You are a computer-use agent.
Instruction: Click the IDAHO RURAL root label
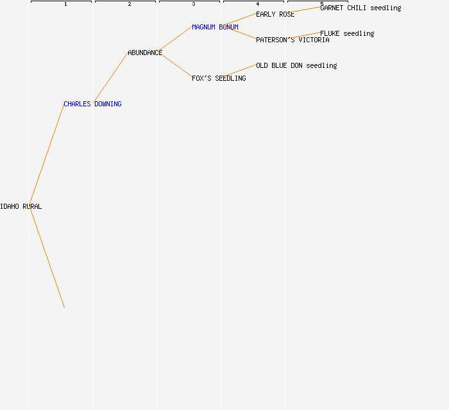[x=21, y=206]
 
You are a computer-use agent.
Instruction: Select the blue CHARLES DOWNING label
[x=92, y=104]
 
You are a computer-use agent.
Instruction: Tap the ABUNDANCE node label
[x=145, y=53]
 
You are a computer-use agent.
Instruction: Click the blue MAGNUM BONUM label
[x=215, y=27]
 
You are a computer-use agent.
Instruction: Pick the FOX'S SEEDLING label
[x=219, y=78]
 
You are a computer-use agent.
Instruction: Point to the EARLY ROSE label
[x=275, y=14]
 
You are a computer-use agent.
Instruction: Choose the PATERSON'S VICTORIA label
[x=292, y=40]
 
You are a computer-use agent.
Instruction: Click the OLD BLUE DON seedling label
[x=296, y=65]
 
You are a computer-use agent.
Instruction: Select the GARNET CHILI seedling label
[x=360, y=8]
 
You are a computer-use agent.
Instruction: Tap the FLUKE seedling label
[x=347, y=33]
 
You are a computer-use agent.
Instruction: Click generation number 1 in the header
[x=65, y=4]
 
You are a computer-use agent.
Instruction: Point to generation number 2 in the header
[x=130, y=4]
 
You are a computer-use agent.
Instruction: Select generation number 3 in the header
[x=194, y=4]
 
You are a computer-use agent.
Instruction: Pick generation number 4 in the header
[x=258, y=4]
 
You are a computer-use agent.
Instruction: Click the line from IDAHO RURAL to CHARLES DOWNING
[x=47, y=155]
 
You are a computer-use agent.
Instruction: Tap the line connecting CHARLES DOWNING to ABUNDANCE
[x=111, y=78]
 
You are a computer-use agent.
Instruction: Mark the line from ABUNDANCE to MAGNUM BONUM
[x=175, y=39]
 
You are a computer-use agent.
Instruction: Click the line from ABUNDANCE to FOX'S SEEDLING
[x=175, y=65]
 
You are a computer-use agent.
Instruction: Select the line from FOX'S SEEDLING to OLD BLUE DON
[x=239, y=71]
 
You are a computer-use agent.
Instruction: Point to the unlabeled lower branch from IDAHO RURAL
[x=47, y=258]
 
